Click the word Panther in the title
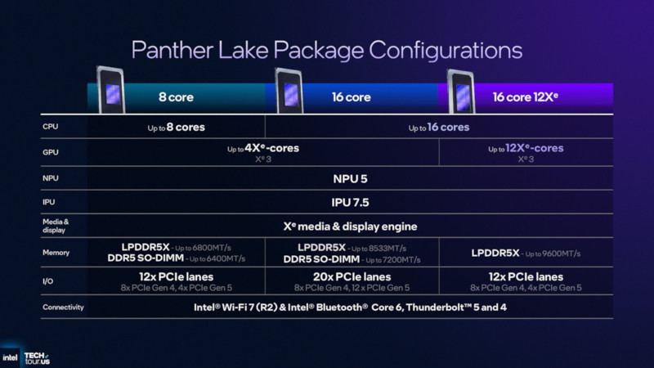[172, 50]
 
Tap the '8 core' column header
[176, 97]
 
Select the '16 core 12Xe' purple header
[525, 97]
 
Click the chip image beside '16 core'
[289, 91]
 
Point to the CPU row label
[51, 127]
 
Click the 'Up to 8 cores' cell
[176, 128]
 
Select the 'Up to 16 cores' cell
[439, 128]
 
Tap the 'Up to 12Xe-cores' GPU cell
[526, 149]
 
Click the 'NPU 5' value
[350, 179]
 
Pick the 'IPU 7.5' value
[350, 203]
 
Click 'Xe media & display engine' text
[350, 227]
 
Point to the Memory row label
[56, 253]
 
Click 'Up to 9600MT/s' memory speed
[553, 254]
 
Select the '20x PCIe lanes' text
[352, 276]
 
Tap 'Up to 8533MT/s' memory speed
[379, 249]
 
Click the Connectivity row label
[63, 307]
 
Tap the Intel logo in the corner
[10, 357]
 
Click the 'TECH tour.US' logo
[37, 358]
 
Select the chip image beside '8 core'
[111, 90]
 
